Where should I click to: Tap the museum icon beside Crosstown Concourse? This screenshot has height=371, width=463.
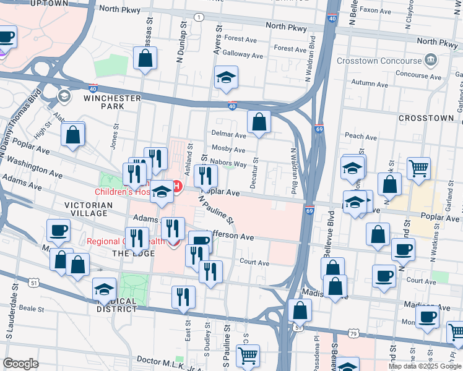[430, 59]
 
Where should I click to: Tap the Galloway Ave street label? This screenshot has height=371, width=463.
[243, 55]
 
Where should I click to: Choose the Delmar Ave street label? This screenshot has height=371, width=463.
[229, 135]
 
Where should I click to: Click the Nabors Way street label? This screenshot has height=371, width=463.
[228, 164]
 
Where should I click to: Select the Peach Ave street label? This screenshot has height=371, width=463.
[361, 135]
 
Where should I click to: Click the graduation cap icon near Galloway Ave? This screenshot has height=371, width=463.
[226, 79]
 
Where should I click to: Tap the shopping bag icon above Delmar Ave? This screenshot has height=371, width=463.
[259, 121]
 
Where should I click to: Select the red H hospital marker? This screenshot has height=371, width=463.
[176, 185]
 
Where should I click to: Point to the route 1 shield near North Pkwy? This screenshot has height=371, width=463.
[198, 17]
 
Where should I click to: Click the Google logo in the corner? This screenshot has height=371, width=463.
[21, 364]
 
